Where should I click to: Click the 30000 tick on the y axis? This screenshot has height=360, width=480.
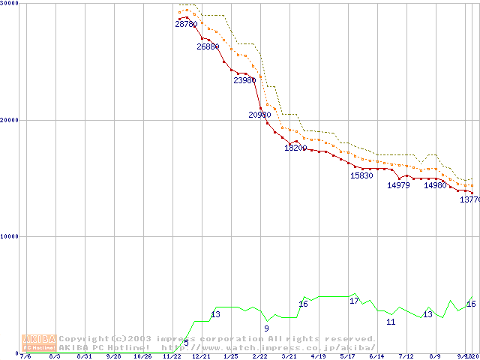point(9,4)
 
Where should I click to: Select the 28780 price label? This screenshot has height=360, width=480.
point(186,24)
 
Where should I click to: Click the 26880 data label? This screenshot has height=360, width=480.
point(208,46)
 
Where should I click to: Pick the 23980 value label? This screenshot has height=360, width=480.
point(244,80)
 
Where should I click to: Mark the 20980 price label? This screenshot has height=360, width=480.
point(259,115)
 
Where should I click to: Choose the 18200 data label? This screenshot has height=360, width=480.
point(295,148)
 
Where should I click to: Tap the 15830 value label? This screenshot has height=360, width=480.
point(361,175)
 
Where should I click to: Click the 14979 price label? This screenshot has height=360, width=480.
point(398,184)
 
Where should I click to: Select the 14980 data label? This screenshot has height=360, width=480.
point(435,184)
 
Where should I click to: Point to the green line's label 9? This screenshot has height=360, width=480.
point(266,328)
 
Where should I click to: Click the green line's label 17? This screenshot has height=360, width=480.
point(354,301)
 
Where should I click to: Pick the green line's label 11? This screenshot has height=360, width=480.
point(391,322)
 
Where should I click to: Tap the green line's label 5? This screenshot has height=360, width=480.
point(186,343)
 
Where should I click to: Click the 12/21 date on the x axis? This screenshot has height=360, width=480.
point(201,356)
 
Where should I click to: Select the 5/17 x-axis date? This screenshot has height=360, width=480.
point(347,356)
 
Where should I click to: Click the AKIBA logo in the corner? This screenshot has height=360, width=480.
point(39,342)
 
